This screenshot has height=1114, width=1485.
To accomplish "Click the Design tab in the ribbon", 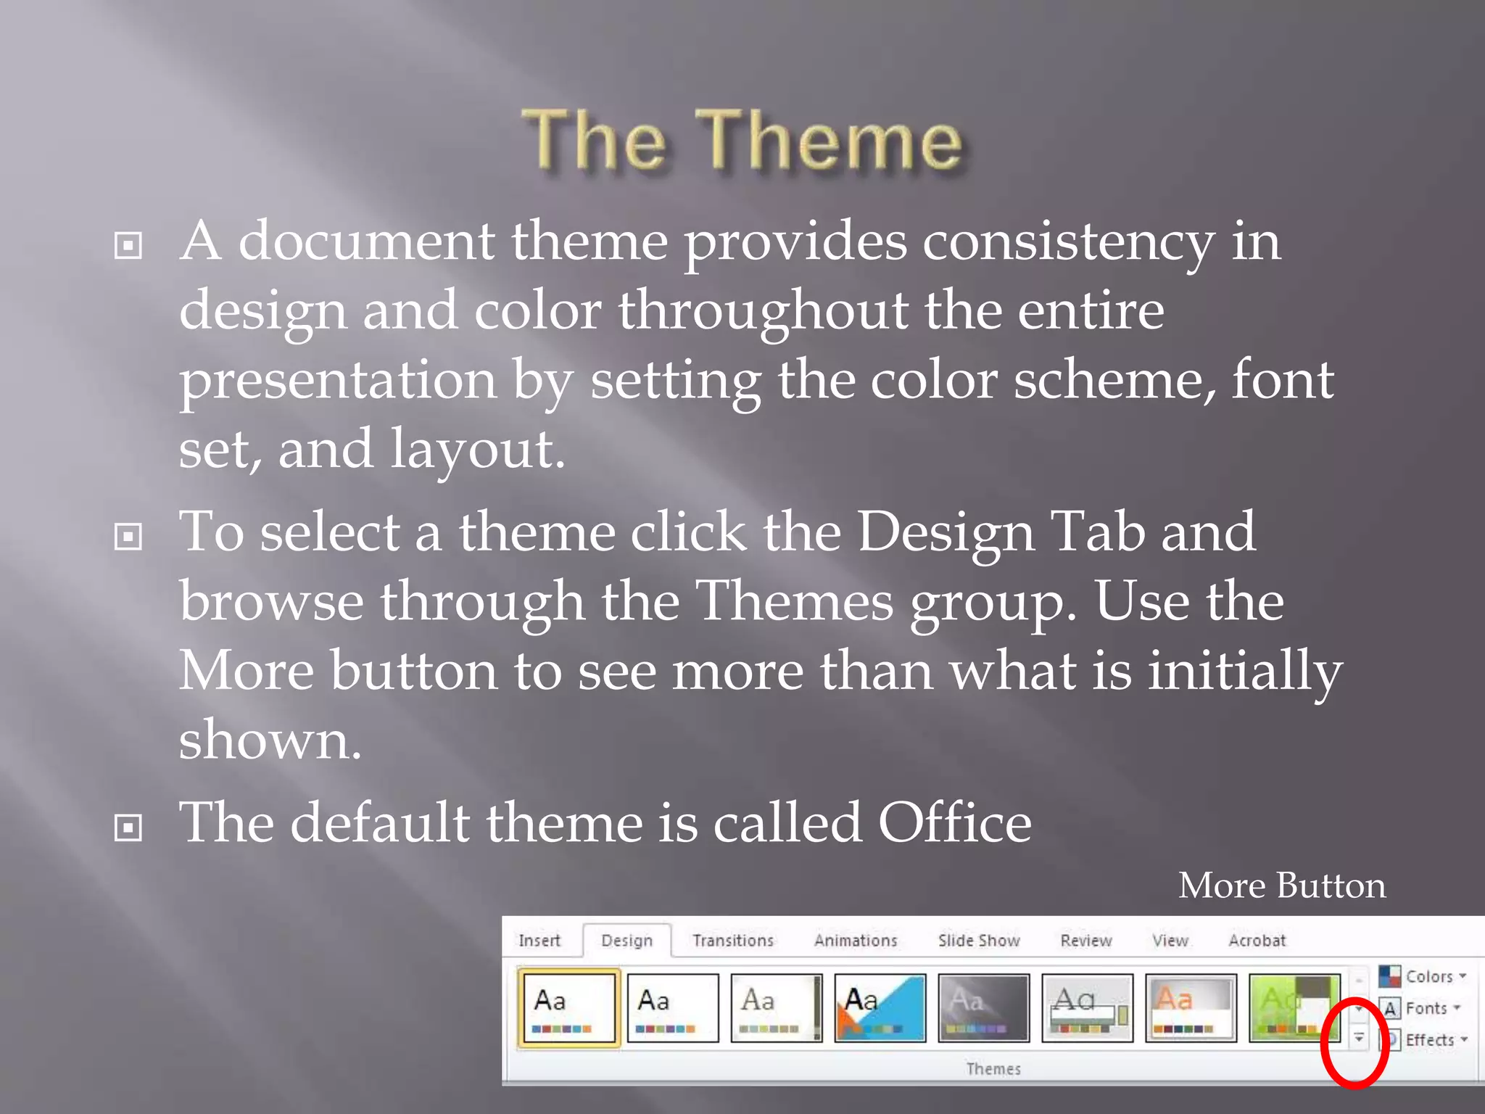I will [626, 941].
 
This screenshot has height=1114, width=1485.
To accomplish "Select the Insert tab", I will [539, 941].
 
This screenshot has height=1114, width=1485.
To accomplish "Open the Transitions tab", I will [733, 941].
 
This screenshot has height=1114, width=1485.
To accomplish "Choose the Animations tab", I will [856, 941].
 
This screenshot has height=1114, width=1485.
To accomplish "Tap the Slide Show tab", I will [979, 941].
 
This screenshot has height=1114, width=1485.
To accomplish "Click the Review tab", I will [1085, 941].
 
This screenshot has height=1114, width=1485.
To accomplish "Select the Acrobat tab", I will [1257, 941].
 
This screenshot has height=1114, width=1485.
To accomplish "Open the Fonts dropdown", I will [1422, 1008].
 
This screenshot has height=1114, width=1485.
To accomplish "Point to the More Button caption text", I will [1281, 886].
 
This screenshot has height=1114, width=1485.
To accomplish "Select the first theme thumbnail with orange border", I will [568, 1007].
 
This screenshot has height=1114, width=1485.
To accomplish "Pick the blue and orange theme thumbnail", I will [880, 1007].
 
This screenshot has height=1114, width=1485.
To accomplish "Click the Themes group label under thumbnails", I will [993, 1068].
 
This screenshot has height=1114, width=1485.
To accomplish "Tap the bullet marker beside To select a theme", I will [128, 537].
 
